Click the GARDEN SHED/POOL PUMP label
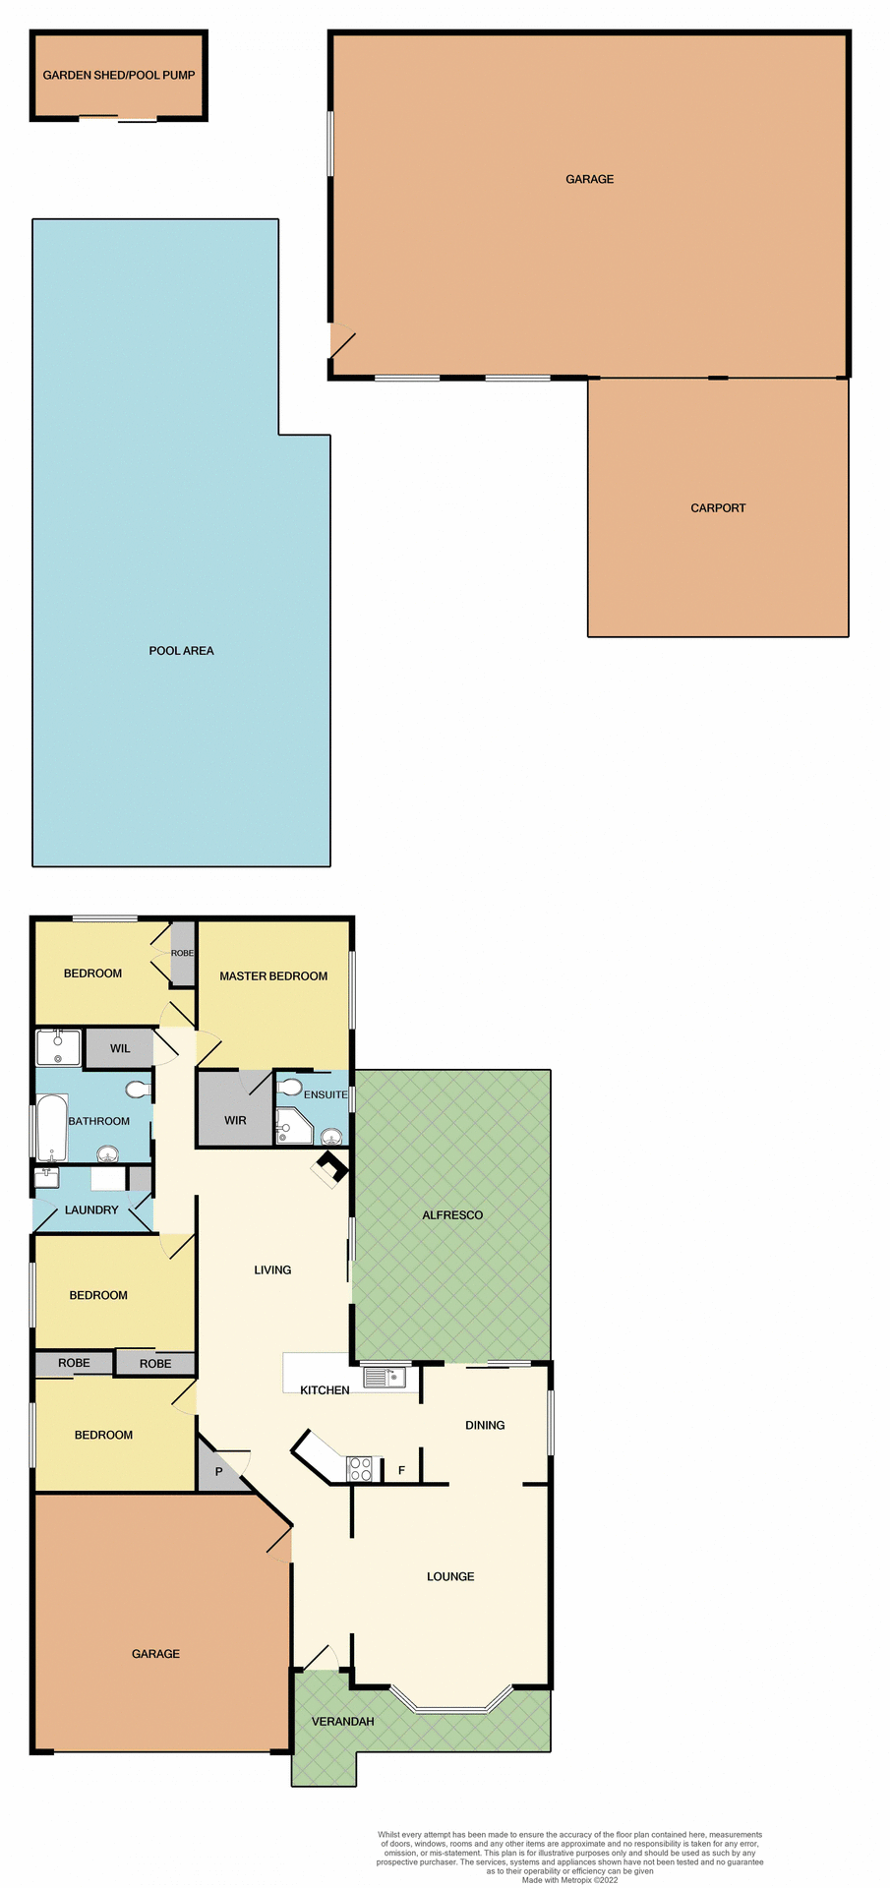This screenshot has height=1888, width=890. pyautogui.click(x=118, y=75)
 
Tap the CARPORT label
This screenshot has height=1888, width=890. pyautogui.click(x=718, y=508)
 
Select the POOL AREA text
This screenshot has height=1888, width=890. pyautogui.click(x=181, y=651)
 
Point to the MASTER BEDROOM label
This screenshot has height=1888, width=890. pyautogui.click(x=273, y=976)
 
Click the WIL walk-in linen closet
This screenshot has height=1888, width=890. pyautogui.click(x=120, y=1048)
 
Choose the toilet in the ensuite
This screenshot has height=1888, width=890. pyautogui.click(x=290, y=1088)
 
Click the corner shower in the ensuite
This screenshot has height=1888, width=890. pyautogui.click(x=292, y=1127)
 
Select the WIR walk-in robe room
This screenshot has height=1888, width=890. pyautogui.click(x=235, y=1120)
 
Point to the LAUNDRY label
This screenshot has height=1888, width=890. pyautogui.click(x=91, y=1210)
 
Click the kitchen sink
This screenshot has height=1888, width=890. pyautogui.click(x=385, y=1378)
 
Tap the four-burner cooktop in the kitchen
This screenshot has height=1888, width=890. pyautogui.click(x=360, y=1469)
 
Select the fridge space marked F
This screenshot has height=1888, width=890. pyautogui.click(x=401, y=1471)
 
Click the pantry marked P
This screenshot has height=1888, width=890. pyautogui.click(x=218, y=1472)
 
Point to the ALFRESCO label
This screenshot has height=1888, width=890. pyautogui.click(x=452, y=1215)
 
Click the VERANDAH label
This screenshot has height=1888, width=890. pyautogui.click(x=342, y=1722)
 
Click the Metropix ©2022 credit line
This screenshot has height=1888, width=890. pyautogui.click(x=569, y=1880)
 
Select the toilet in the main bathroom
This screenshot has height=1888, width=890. pyautogui.click(x=138, y=1090)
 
